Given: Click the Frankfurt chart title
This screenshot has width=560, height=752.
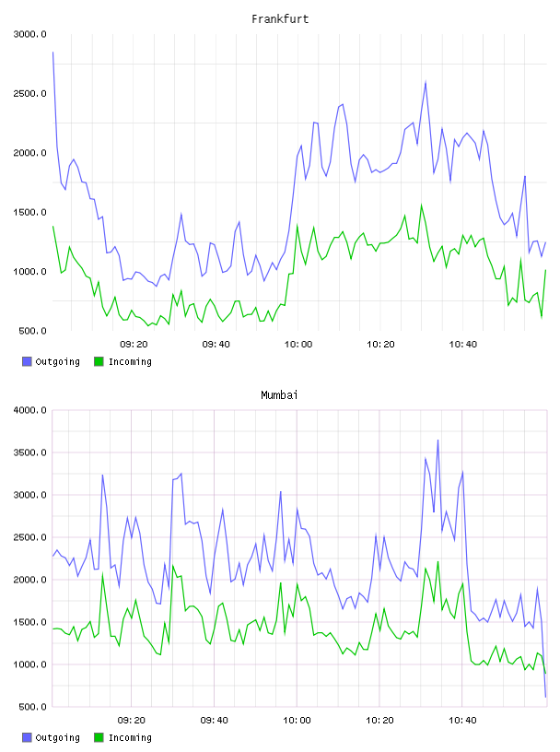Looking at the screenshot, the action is coord(280,19).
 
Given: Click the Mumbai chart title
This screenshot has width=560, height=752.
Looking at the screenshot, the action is coord(279,395).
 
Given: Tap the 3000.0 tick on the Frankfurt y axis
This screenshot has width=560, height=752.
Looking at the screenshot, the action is coord(29,34).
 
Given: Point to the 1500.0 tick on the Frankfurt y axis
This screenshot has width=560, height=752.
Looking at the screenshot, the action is coord(29,213).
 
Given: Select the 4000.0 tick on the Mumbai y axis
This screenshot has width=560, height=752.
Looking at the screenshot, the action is coord(29,410).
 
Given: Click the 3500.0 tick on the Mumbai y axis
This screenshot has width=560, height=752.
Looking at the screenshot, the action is coord(29,452).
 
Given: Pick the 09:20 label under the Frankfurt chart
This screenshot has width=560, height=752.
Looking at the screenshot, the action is coord(134,345).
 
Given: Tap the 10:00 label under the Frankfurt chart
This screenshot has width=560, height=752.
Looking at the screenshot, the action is coord(298,345).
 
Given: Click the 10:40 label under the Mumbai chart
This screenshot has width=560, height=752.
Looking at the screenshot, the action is coord(462,721).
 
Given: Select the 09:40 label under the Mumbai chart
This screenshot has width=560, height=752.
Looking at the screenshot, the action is coord(215,721).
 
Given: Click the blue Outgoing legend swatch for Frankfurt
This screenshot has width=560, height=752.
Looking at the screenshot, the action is coord(27,361).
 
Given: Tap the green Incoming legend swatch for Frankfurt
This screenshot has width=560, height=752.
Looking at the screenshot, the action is coord(99,361).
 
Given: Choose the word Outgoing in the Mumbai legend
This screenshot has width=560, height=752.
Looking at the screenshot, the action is coord(57,737).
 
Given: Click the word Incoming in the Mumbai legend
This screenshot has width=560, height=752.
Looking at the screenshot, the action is coord(130,737).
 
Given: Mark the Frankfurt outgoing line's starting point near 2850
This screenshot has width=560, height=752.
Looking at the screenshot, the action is coord(52,53).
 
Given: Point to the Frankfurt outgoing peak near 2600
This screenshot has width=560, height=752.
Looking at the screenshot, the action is coord(426,82).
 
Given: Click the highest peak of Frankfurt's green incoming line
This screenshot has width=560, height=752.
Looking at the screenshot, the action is coord(422,206).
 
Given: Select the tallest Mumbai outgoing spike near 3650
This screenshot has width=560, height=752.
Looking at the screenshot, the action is coord(437,440).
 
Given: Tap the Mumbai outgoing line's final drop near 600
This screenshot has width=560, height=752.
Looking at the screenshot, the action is coord(545,697).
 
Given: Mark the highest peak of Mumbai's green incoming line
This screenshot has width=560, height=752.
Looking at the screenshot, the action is coord(437,561).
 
